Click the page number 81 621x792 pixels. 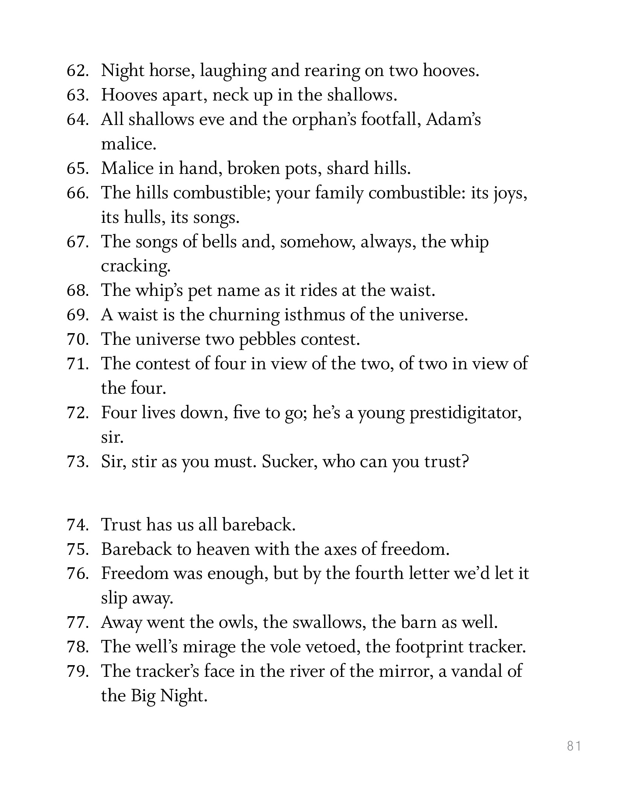(x=574, y=746)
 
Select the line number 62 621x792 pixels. (x=78, y=71)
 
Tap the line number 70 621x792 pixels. (x=78, y=340)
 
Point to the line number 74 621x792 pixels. (x=78, y=525)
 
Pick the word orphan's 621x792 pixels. (x=324, y=120)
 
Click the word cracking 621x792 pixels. (x=135, y=267)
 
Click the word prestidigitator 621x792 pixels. (x=465, y=413)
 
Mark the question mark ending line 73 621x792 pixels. (x=465, y=461)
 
